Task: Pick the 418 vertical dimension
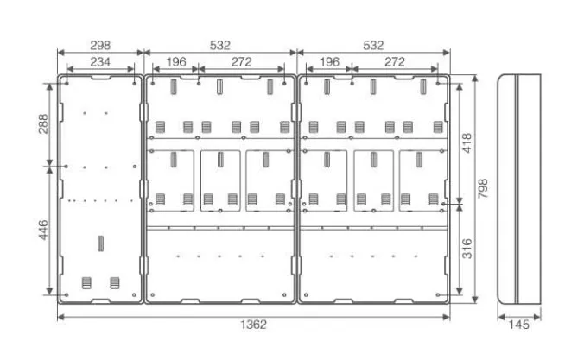pyautogui.click(x=467, y=142)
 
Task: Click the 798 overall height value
pyautogui.click(x=483, y=187)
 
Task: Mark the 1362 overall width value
pyautogui.click(x=253, y=326)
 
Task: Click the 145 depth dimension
pyautogui.click(x=520, y=326)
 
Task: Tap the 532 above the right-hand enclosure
pyautogui.click(x=373, y=45)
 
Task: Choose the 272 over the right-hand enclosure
pyautogui.click(x=395, y=62)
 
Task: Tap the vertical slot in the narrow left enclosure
pyautogui.click(x=99, y=244)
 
